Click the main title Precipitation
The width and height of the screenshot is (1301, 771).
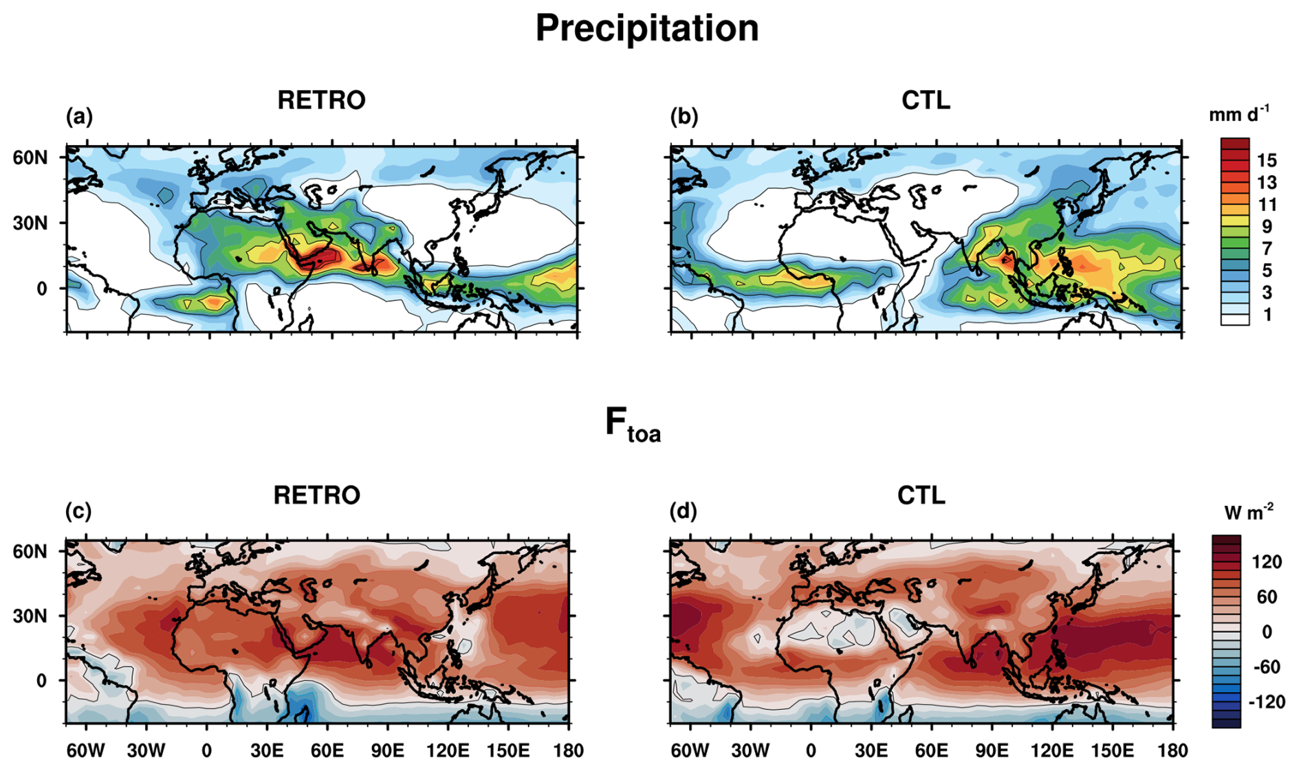tap(646, 29)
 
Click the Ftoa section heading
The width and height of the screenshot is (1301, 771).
tap(633, 424)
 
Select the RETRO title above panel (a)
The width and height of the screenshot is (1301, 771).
tap(321, 100)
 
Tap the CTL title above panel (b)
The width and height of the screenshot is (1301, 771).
tap(926, 100)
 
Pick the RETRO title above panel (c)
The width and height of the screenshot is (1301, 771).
tap(316, 495)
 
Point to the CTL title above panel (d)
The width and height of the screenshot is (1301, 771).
tap(921, 495)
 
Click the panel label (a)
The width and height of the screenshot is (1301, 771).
tap(79, 117)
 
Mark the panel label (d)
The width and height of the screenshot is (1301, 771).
tap(683, 511)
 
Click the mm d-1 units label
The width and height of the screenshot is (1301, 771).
tap(1238, 114)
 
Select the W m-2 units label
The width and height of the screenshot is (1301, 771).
tap(1248, 512)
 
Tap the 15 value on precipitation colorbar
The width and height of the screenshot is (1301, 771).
tap(1266, 161)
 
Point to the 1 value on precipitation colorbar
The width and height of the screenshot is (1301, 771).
tap(1267, 315)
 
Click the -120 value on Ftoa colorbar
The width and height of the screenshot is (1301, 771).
tap(1266, 702)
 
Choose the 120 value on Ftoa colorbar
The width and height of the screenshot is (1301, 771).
tap(1266, 562)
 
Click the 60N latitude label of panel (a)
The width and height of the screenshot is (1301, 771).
tap(30, 157)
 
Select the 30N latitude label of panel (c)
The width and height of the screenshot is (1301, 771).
tap(30, 616)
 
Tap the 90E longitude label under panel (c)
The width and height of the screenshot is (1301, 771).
tap(387, 750)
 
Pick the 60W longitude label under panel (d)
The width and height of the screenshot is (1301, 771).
tap(690, 750)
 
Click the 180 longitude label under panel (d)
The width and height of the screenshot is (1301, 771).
tap(1172, 750)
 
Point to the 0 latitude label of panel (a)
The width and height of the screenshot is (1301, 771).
tap(41, 289)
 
